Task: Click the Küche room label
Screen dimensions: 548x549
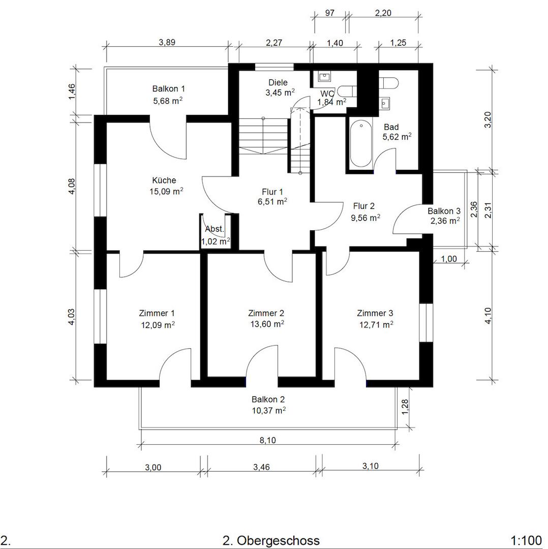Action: [x=164, y=180]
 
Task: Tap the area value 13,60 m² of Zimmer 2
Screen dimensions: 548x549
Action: [x=267, y=324]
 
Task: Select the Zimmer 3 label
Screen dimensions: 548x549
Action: [x=375, y=313]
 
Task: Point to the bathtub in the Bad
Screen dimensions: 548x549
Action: [x=360, y=144]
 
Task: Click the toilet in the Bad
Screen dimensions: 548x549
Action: [x=389, y=83]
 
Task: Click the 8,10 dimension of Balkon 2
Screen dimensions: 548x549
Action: [x=267, y=440]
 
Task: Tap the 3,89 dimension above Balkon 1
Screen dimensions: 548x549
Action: [x=167, y=42]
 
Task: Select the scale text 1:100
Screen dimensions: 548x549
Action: [x=526, y=540]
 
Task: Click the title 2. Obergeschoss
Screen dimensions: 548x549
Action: [x=271, y=540]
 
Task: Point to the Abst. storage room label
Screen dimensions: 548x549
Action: [x=215, y=229]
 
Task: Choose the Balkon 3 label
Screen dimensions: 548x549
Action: [x=444, y=211]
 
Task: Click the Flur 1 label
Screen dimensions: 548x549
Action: [x=272, y=192]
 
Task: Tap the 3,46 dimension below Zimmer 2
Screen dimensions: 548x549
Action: [x=261, y=467]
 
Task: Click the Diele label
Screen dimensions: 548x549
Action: [x=278, y=82]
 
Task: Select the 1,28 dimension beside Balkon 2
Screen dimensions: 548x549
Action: [x=405, y=407]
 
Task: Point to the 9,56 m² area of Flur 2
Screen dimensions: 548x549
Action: [x=366, y=218]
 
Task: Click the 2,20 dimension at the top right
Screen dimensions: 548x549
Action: [x=383, y=13]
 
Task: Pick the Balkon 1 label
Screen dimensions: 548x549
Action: [x=168, y=88]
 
